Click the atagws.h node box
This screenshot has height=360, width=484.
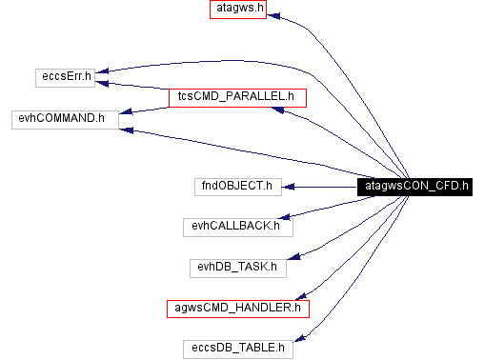(x=237, y=10)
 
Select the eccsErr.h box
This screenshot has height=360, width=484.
(x=65, y=75)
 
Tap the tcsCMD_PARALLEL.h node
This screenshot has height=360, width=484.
(x=236, y=96)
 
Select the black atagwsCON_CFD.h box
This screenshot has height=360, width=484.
(x=414, y=187)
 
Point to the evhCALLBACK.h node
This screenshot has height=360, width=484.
(x=236, y=226)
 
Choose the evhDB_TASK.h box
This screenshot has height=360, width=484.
(x=237, y=267)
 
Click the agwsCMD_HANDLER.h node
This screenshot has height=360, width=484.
(x=237, y=308)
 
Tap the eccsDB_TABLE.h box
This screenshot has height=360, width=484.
(x=237, y=348)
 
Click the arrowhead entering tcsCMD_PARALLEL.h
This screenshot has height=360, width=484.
(x=277, y=110)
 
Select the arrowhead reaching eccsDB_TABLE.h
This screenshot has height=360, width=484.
(x=298, y=337)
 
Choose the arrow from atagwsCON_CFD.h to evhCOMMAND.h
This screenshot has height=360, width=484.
(x=238, y=151)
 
